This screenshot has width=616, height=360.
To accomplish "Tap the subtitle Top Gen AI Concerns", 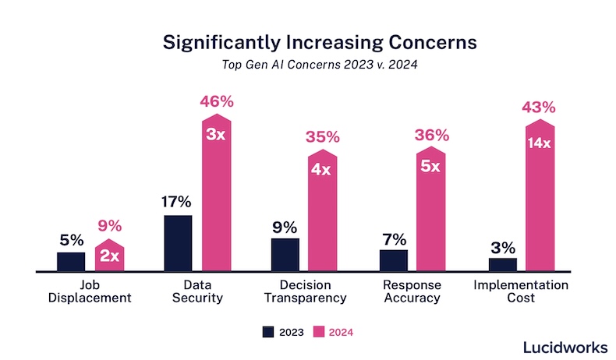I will click(307, 65).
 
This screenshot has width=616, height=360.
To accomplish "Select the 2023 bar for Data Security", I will click(178, 243).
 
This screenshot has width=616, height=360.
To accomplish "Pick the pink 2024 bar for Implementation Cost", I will click(538, 199).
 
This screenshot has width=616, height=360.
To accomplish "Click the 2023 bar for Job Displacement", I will click(71, 262).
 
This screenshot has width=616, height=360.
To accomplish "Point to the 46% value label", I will click(217, 101).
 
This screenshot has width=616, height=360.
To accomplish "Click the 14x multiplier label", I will click(538, 143).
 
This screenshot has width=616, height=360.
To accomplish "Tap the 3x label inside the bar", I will click(217, 133).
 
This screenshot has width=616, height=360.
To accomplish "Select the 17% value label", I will click(178, 202).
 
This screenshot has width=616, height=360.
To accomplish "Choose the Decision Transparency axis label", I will click(306, 291).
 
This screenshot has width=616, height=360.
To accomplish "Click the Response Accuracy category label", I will click(413, 291).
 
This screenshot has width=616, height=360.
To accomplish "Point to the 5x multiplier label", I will click(432, 166).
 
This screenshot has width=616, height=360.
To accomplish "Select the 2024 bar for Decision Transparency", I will click(323, 210).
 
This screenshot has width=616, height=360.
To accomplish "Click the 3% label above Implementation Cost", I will click(502, 248).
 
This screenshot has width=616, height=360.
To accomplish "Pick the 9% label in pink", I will click(110, 228).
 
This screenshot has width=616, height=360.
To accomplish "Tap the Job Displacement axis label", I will click(91, 291).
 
